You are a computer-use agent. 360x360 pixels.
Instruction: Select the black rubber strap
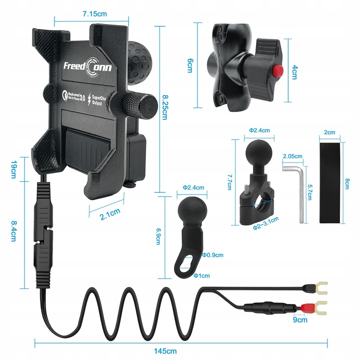pyautogui.click(x=332, y=183)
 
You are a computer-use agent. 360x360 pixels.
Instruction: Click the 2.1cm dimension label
pyautogui.click(x=109, y=215)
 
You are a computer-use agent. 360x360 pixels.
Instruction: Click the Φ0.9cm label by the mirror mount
pyautogui.click(x=212, y=255)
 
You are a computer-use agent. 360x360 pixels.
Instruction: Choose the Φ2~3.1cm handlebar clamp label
pyautogui.click(x=265, y=226)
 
